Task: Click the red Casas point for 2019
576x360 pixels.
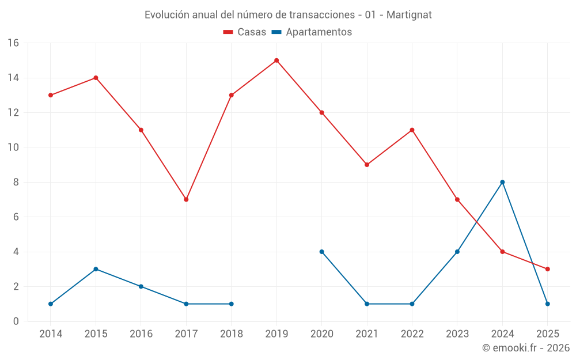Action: [276, 60]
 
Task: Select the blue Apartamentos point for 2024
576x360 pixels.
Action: [502, 182]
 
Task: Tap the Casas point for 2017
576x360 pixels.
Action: [186, 199]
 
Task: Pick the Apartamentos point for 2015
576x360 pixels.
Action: [96, 269]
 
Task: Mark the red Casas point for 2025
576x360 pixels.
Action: [548, 269]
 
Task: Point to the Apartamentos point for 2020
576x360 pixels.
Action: [321, 252]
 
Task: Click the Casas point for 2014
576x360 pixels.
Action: [51, 95]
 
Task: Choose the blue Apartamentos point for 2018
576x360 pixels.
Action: [232, 304]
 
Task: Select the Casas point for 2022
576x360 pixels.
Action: [412, 130]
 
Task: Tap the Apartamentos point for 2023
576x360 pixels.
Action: [457, 252]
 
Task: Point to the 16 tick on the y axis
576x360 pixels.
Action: [13, 43]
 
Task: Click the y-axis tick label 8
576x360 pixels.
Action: [16, 182]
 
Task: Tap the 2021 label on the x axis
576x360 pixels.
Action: [367, 334]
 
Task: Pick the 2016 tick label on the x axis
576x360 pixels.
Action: [141, 334]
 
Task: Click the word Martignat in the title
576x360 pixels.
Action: [409, 15]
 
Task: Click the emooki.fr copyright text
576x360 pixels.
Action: [526, 348]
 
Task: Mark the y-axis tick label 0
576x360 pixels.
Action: [16, 321]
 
